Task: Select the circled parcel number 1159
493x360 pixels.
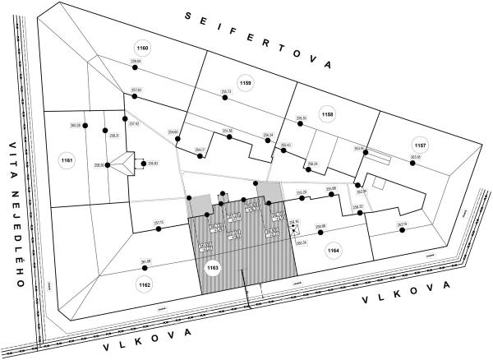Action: click(246, 81)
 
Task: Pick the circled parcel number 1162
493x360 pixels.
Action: click(145, 284)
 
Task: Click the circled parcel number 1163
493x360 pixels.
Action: click(213, 268)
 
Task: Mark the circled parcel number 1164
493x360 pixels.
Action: click(333, 252)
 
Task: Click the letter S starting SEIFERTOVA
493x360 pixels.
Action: click(189, 16)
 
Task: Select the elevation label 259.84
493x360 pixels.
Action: click(136, 62)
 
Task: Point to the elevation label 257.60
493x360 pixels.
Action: click(136, 90)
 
